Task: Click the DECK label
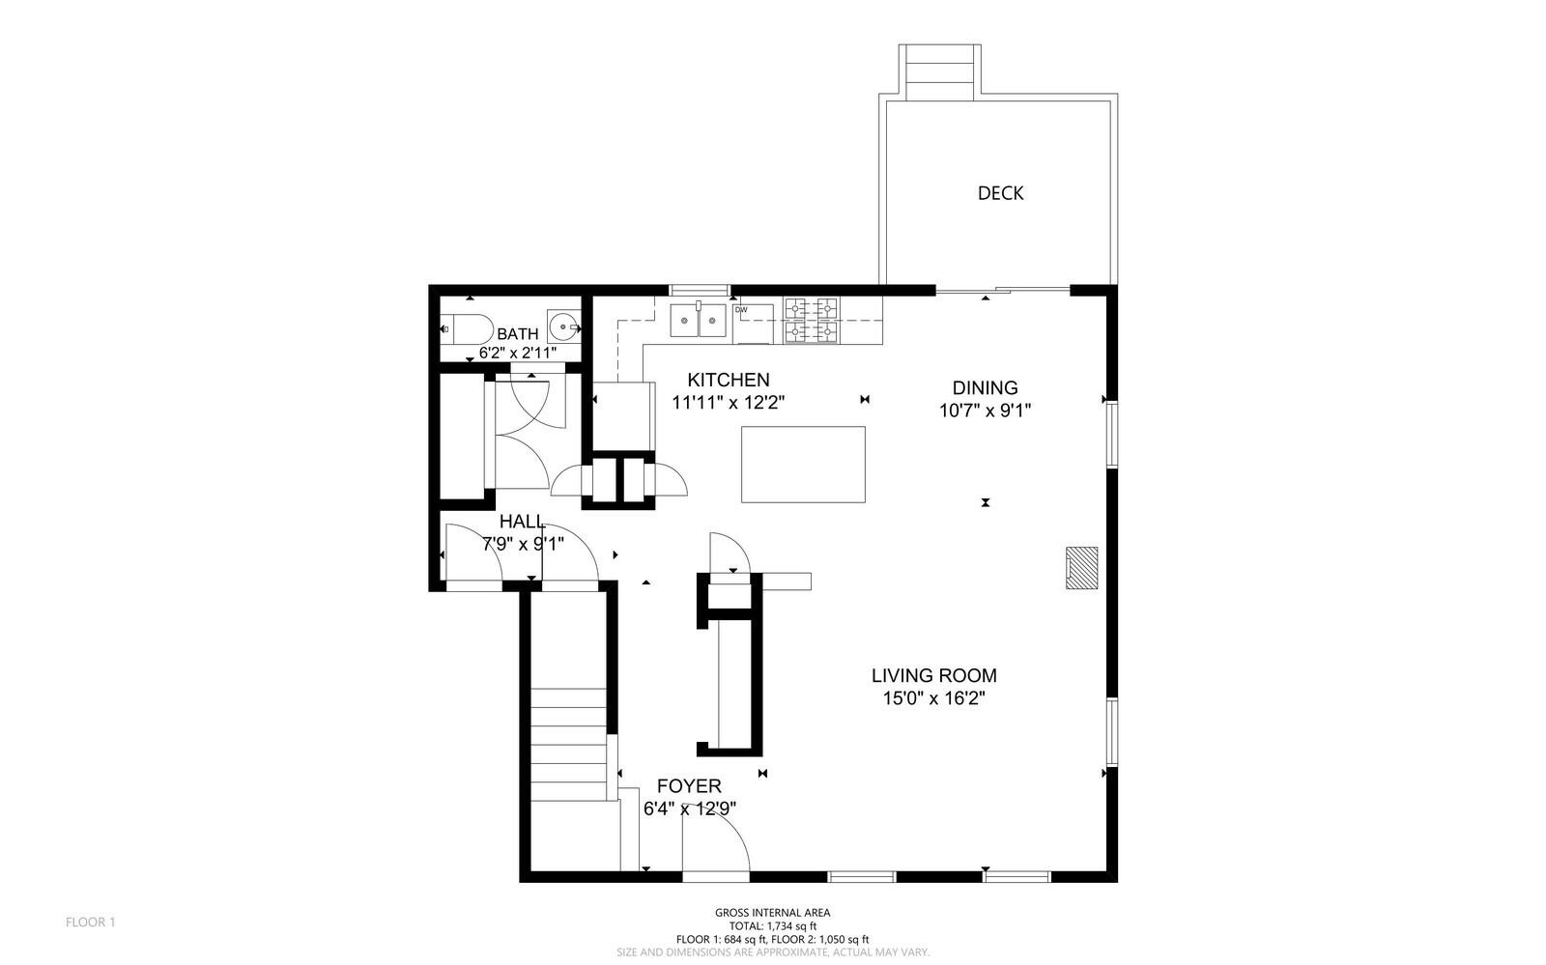(1000, 193)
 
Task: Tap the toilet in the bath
(467, 329)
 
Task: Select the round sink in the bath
(564, 326)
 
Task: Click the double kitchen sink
(699, 320)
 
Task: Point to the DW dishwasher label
(741, 310)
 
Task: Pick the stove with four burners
(812, 320)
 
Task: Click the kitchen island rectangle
(803, 465)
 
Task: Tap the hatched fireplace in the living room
(1081, 568)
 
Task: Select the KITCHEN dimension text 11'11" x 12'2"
(729, 402)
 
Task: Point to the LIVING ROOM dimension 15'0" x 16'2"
(933, 698)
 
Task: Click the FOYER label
(689, 786)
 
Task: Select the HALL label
(522, 522)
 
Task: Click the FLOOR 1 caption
(91, 922)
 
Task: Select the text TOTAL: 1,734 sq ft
(773, 926)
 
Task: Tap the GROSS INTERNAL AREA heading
(772, 913)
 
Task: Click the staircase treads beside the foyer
(569, 744)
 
